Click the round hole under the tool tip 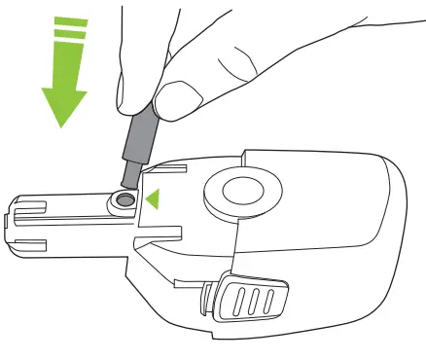pos(124,199)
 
